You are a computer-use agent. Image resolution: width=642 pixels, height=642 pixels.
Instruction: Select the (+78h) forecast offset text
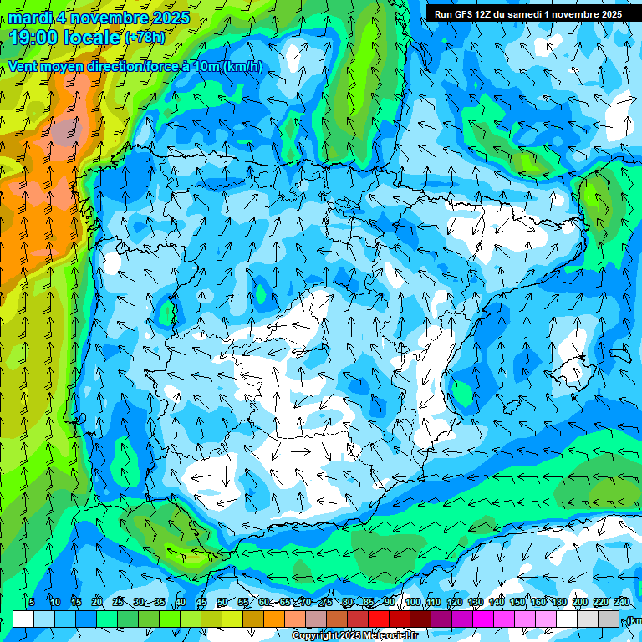point(145,38)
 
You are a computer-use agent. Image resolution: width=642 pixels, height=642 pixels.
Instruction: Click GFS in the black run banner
point(461,14)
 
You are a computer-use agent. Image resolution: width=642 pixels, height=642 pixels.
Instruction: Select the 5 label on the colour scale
point(32,603)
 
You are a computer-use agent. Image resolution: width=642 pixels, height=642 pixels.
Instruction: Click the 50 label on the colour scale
point(222,603)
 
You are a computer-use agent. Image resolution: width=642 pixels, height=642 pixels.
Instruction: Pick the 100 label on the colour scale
point(412,603)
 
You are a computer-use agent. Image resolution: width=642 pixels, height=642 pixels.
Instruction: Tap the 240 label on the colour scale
point(621,603)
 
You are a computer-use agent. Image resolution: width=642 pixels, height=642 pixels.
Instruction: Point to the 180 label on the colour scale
point(558,603)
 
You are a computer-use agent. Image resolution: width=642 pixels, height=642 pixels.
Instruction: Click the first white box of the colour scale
point(23,619)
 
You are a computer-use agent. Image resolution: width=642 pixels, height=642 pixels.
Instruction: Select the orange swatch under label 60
point(274,619)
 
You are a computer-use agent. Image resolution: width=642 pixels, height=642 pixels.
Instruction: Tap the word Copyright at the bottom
point(314,636)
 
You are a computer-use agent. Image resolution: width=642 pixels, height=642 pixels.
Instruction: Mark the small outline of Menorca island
point(619,353)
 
